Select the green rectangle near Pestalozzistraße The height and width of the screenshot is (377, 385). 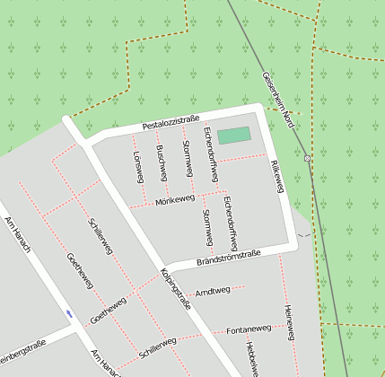pos(234,135)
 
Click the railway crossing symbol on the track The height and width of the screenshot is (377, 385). pos(307,158)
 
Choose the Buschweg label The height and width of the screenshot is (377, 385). pos(160,159)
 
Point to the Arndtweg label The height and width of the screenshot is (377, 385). pos(213,291)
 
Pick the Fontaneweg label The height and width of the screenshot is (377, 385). pos(249,329)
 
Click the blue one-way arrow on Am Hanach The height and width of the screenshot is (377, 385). pos(69,313)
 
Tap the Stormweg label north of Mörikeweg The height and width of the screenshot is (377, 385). pos(187,158)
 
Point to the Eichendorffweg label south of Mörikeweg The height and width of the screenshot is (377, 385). pos(230,221)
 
